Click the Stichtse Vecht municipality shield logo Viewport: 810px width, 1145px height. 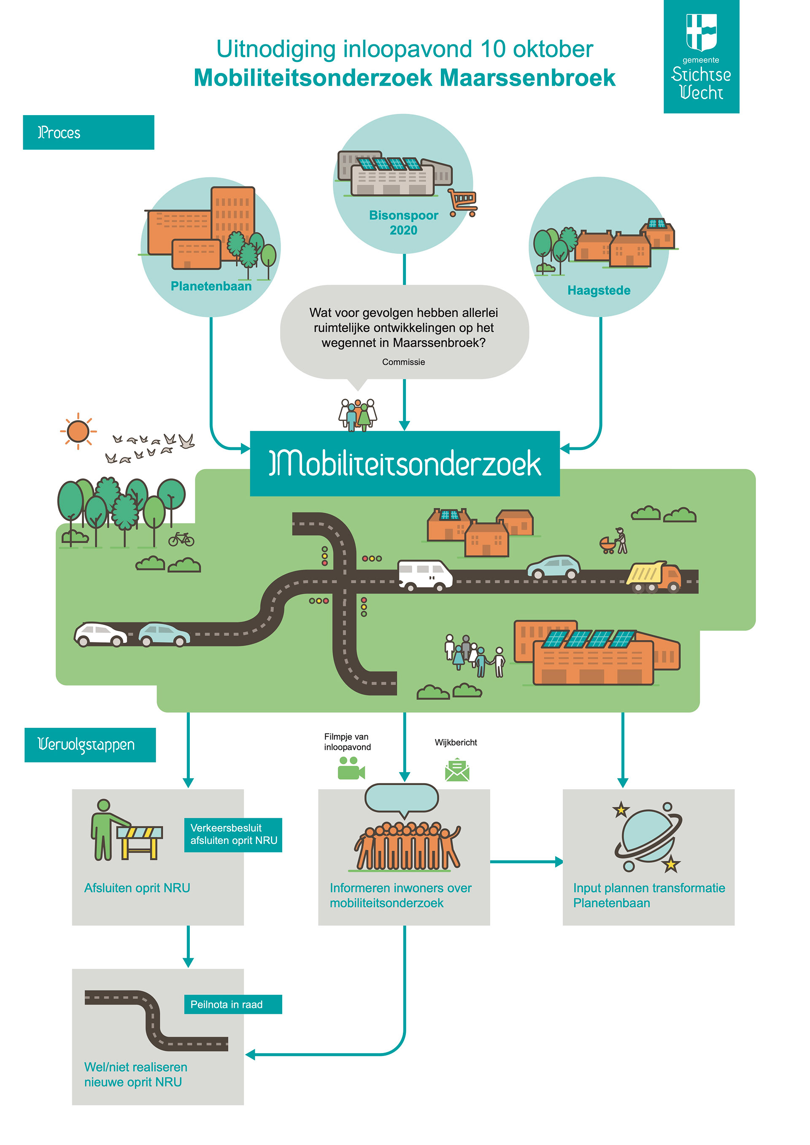tap(701, 32)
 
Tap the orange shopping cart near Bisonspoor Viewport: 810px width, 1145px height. tap(462, 202)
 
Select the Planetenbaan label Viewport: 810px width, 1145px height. tap(211, 286)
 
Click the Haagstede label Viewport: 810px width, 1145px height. tap(599, 290)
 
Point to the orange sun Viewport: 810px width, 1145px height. tap(78, 431)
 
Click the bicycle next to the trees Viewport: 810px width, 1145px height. tap(181, 539)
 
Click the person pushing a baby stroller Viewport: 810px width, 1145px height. tap(615, 541)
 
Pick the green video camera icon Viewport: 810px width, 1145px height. tap(351, 768)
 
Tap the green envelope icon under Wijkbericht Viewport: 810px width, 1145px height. tap(457, 770)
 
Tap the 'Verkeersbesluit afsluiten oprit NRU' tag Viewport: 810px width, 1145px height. tap(233, 834)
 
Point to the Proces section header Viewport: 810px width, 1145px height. tap(88, 133)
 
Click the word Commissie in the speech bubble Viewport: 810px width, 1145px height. tap(403, 362)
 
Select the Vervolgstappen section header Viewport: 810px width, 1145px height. tap(90, 744)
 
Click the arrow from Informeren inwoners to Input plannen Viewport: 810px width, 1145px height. tap(526, 861)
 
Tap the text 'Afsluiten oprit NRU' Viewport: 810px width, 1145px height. tap(137, 888)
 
